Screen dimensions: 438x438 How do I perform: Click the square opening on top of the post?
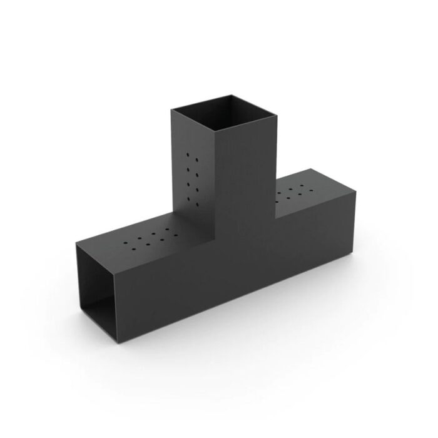(224, 113)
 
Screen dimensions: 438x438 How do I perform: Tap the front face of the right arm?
(313, 244)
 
